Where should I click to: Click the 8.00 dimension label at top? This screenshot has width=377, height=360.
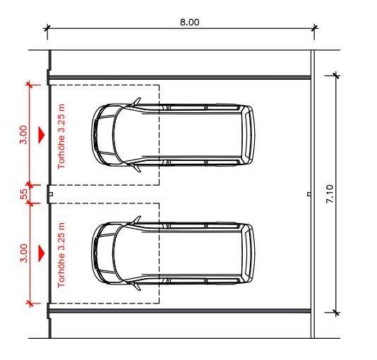click(189, 21)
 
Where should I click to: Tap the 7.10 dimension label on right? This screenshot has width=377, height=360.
click(350, 194)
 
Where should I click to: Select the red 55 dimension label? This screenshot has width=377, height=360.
click(24, 193)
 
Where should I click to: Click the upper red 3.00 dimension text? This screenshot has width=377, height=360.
click(23, 134)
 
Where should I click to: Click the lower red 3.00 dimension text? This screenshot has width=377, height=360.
click(23, 252)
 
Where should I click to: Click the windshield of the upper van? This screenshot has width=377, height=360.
click(115, 135)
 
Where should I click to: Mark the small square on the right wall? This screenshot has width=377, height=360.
click(309, 193)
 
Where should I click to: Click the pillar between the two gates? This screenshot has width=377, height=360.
click(49, 193)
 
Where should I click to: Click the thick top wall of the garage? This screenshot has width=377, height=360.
click(180, 77)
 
